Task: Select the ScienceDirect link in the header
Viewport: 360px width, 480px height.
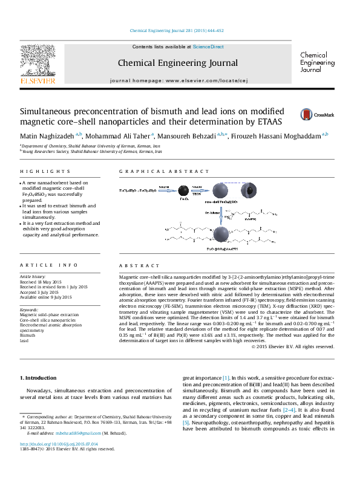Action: tap(208, 47)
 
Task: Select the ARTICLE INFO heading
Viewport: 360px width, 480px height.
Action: tap(41, 265)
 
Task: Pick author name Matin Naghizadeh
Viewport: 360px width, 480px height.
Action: tap(49, 136)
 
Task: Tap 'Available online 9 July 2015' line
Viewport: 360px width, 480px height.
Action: tap(46, 297)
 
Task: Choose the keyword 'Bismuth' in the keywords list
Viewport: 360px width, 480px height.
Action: tap(28, 336)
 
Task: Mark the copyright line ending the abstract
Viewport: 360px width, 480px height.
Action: tap(301, 346)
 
